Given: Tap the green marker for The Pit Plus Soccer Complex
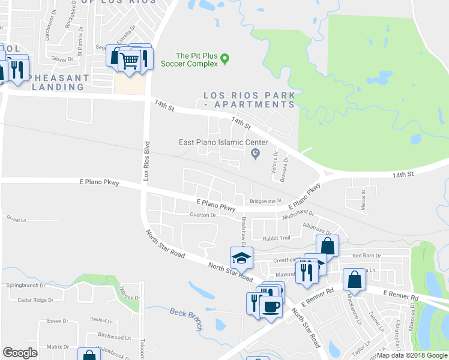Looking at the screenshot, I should point(225,59).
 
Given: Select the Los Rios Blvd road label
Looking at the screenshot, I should point(145,161).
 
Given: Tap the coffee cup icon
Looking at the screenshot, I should point(271,306).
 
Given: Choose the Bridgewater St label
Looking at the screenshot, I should point(265,201).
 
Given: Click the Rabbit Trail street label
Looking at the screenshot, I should point(277,237).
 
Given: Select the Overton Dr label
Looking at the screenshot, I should point(202,215).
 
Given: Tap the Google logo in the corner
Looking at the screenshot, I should point(20,353).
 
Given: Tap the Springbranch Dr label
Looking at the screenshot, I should point(26,286).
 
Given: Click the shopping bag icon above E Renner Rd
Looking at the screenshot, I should point(354,280).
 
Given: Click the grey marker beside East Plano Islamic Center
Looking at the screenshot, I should point(255,154).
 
